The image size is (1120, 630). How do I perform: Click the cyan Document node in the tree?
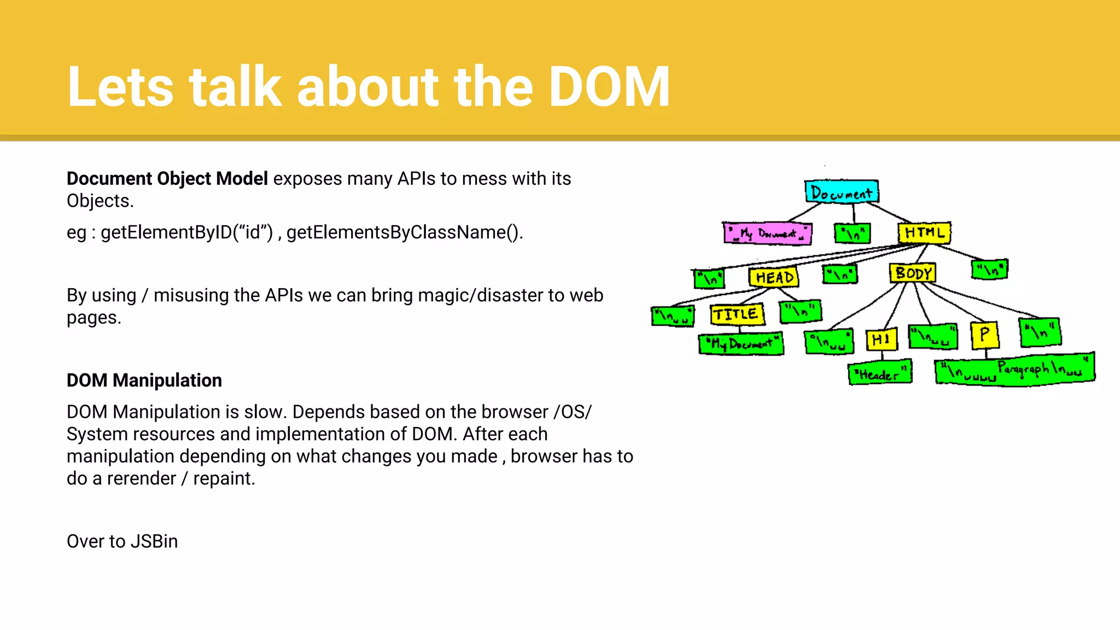point(841,192)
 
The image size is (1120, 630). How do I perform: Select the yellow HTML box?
point(924,233)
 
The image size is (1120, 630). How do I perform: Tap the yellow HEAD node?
point(774,277)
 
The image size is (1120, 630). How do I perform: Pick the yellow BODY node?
point(913,273)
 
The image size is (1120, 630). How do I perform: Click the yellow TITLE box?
point(736,314)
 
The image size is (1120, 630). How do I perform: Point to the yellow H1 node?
point(881,340)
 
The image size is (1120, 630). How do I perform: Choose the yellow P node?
point(984,335)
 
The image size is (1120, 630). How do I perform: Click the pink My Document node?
point(767,234)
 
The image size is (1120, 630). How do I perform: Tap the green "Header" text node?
point(879,374)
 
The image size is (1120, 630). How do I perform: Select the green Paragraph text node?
point(1014,370)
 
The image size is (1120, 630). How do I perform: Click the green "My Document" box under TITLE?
point(741,344)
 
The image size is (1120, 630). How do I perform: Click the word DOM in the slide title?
point(609,87)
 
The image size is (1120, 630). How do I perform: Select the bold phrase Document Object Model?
point(167,179)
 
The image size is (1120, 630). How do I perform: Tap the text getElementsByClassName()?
point(405,232)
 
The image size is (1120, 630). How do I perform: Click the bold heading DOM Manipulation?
point(144,380)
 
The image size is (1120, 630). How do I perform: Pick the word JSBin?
point(154,541)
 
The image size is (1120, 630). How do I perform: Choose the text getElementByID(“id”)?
point(186,232)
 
